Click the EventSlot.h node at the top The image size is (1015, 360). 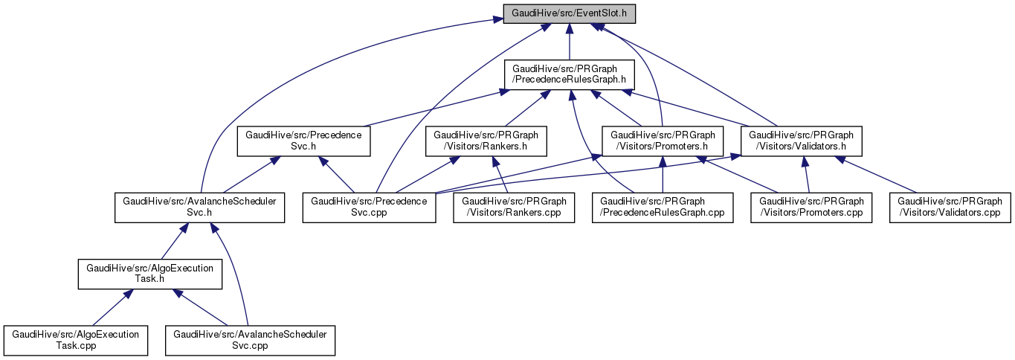(x=569, y=14)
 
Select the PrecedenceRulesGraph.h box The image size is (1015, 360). (x=569, y=74)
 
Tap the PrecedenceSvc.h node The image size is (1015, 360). (x=303, y=141)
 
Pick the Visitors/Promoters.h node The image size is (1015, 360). (x=663, y=141)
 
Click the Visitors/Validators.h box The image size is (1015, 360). (x=802, y=141)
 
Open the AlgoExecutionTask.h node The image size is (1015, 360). (x=150, y=274)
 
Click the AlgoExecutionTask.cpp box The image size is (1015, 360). (x=75, y=341)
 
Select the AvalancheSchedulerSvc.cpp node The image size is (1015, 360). (x=250, y=341)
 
